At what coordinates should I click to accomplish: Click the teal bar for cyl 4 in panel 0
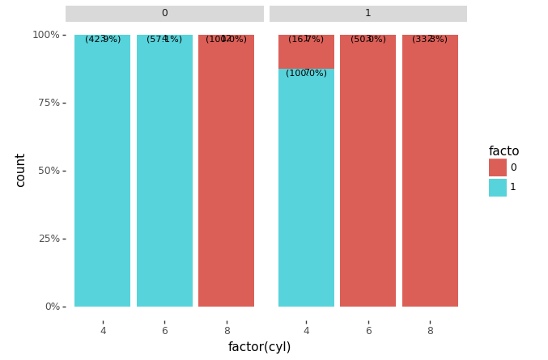[102, 171]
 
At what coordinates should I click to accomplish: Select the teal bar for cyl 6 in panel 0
[164, 171]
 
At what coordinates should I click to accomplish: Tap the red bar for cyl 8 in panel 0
[226, 171]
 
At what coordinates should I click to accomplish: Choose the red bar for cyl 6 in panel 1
[368, 171]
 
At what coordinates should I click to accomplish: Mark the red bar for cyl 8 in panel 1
[430, 171]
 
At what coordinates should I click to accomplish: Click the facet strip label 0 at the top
[164, 14]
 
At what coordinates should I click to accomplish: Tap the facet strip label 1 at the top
[367, 14]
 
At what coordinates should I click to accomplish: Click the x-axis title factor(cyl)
[259, 347]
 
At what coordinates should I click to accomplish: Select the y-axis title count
[21, 170]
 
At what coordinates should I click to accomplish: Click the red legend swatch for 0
[497, 167]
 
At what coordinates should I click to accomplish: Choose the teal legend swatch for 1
[497, 187]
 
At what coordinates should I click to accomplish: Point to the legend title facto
[503, 151]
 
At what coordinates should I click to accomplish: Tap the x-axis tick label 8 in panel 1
[430, 330]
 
